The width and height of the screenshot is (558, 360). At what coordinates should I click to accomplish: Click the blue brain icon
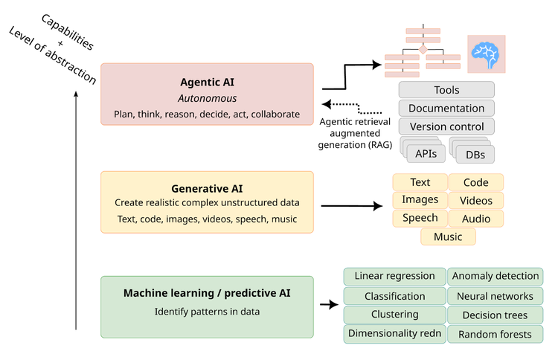[x=486, y=54]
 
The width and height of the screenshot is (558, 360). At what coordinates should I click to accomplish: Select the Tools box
[x=446, y=90]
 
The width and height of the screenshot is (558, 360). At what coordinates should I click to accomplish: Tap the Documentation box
[x=446, y=109]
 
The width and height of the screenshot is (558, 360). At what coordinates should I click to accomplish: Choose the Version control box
[x=446, y=126]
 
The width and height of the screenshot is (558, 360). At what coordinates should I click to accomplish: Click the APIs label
[x=426, y=154]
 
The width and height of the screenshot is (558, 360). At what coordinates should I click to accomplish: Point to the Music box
[x=448, y=237]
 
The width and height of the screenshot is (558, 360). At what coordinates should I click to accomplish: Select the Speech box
[x=420, y=218]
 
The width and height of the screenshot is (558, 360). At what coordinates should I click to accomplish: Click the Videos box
[x=475, y=200]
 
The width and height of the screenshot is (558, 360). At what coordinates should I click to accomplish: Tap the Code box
[x=475, y=182]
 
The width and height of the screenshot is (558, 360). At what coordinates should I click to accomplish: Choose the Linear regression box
[x=394, y=277]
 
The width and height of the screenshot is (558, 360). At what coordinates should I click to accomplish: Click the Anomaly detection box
[x=495, y=277]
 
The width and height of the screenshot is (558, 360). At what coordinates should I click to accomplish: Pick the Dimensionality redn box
[x=394, y=333]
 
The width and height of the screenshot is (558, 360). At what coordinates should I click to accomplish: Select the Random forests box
[x=495, y=334]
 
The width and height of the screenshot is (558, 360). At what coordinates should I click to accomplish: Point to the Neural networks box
[x=495, y=296]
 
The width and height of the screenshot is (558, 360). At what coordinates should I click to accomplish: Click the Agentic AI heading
[x=207, y=82]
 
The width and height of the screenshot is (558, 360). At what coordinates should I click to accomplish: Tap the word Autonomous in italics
[x=207, y=98]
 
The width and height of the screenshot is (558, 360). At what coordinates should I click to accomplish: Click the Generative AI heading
[x=207, y=188]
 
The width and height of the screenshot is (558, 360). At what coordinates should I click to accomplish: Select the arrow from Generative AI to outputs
[x=350, y=205]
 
